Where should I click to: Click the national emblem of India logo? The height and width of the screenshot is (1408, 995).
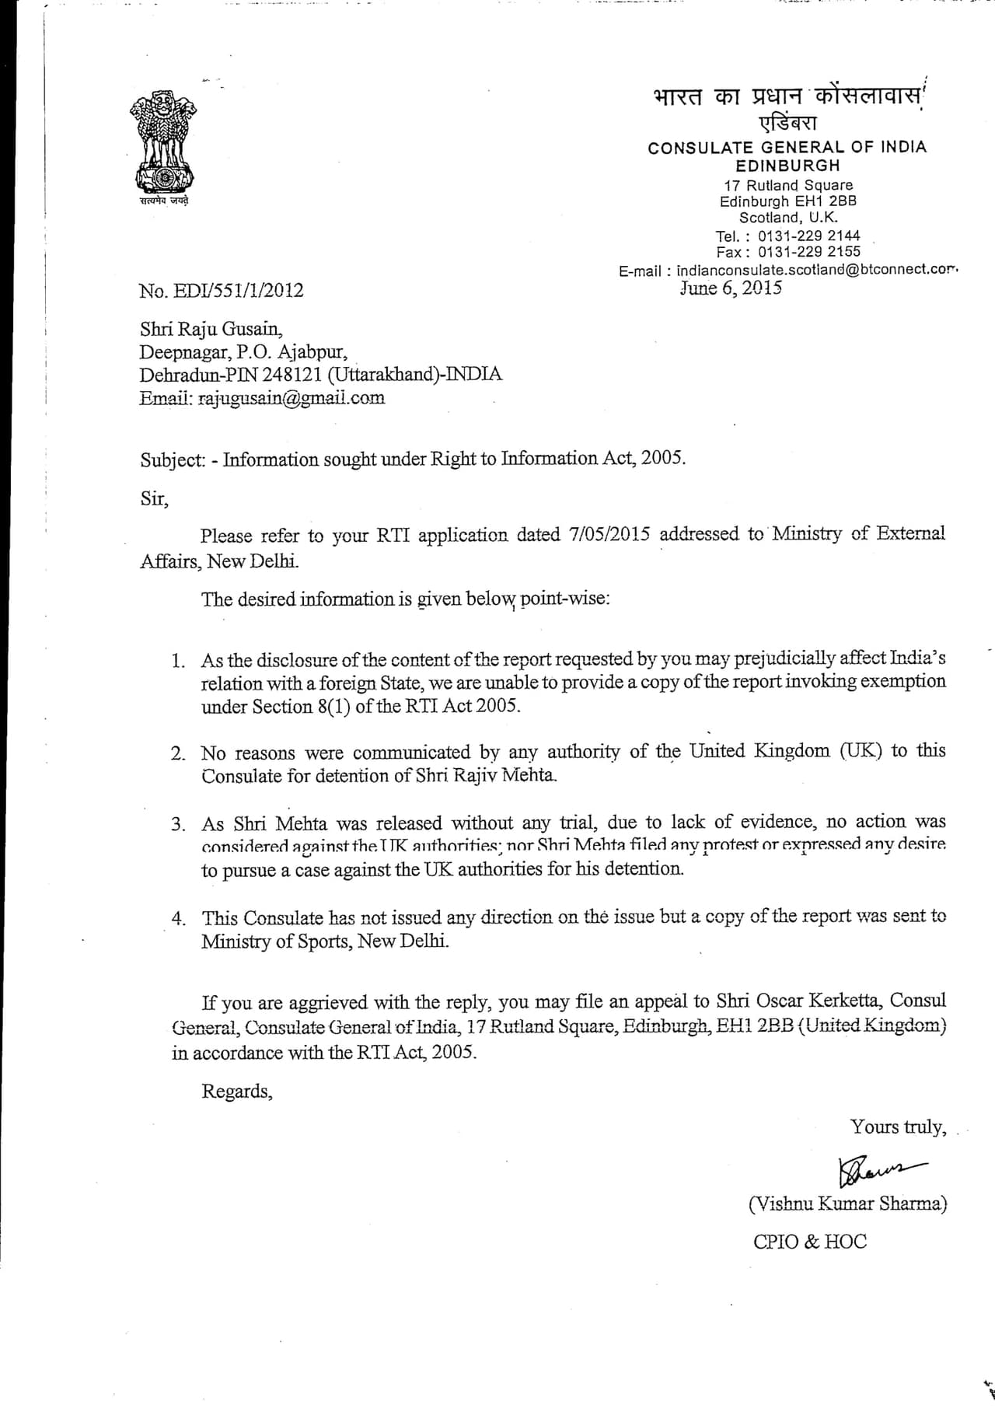(162, 145)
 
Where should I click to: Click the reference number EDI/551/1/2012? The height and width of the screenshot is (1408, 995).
(222, 291)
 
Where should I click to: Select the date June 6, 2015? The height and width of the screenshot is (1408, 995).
(731, 288)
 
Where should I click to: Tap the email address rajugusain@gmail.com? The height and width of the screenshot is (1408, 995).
(292, 398)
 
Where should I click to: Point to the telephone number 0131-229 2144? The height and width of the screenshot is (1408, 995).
(808, 236)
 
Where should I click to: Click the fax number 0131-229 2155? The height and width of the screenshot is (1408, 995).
(808, 252)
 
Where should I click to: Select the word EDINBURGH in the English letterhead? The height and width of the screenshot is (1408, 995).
(787, 166)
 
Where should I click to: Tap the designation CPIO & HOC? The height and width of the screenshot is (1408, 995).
(809, 1242)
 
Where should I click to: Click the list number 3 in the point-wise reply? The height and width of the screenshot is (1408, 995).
(179, 824)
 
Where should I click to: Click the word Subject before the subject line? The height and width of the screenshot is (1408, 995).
(171, 459)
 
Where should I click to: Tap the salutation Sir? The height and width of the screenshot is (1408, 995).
(154, 498)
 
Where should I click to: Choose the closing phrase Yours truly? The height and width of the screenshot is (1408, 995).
(898, 1127)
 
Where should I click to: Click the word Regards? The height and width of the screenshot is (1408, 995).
(237, 1092)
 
